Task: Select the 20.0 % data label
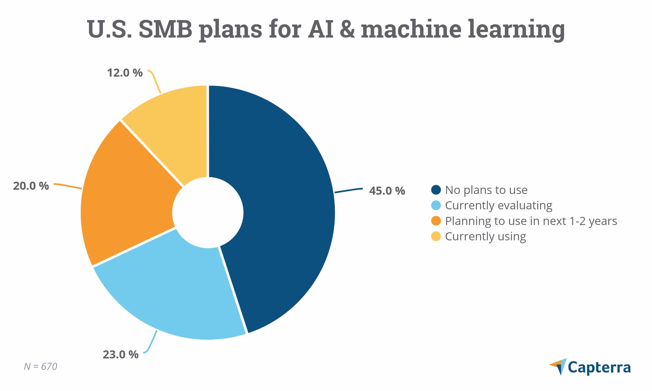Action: click(x=31, y=186)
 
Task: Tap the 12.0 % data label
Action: click(x=125, y=73)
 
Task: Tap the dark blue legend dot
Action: click(x=436, y=190)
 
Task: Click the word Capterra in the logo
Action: click(x=599, y=367)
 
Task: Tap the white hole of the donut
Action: click(x=208, y=212)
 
